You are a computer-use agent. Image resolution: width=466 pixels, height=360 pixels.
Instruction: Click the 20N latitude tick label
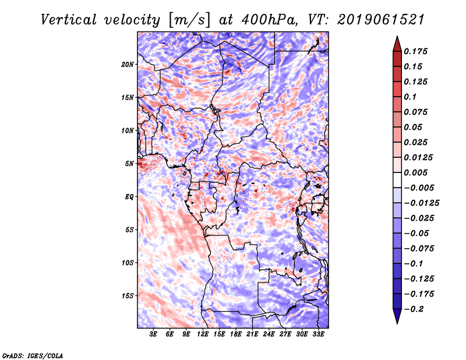pos(128,65)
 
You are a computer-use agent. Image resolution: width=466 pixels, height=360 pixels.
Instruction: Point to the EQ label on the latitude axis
pos(129,197)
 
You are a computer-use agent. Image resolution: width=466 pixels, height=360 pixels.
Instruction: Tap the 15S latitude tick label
pos(128,296)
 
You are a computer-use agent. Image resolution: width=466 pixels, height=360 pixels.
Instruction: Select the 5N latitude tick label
pos(129,164)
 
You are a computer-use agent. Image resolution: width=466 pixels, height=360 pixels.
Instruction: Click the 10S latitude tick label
pos(128,263)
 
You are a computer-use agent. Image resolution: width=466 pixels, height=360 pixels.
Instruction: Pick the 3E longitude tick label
pos(153,334)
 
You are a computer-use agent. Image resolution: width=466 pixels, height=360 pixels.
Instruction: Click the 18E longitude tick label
pos(236,334)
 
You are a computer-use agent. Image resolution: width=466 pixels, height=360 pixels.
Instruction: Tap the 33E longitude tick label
pos(318,334)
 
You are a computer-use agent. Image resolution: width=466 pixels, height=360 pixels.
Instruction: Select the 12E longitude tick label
pos(203,334)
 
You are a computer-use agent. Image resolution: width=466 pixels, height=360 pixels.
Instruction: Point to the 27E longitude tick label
pos(285,334)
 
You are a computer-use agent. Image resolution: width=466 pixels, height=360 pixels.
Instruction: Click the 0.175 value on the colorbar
pos(415,51)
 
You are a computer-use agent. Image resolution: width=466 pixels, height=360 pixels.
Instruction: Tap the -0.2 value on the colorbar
pos(414,309)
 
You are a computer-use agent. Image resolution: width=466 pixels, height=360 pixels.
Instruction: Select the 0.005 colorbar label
pos(415,172)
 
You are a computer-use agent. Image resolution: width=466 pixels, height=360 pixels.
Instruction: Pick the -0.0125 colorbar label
pos(421,203)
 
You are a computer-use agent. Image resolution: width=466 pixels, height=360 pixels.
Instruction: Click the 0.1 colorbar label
pos(410,97)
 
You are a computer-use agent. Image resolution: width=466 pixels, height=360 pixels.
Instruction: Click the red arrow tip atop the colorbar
pos(397,37)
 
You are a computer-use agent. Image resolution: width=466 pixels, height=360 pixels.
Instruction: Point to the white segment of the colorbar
pos(397,180)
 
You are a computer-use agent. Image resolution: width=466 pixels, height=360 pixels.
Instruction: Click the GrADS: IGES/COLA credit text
pos(33,356)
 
